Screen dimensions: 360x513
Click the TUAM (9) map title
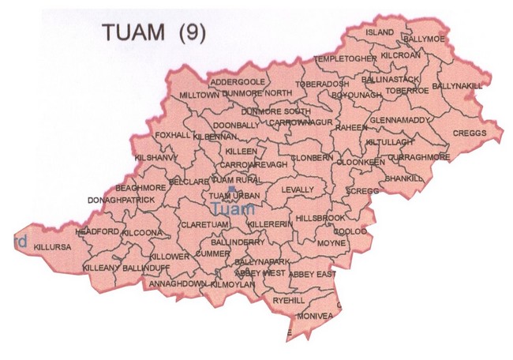pos(153,32)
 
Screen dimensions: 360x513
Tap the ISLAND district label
pos(380,32)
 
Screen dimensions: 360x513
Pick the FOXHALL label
pos(173,135)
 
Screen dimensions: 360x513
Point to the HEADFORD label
pos(97,231)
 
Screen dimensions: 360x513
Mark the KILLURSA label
pos(52,246)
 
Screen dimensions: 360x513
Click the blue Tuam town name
pos(234,209)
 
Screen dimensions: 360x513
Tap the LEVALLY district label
pos(298,190)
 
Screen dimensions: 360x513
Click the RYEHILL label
pos(288,301)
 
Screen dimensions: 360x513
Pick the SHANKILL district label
pos(406,179)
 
